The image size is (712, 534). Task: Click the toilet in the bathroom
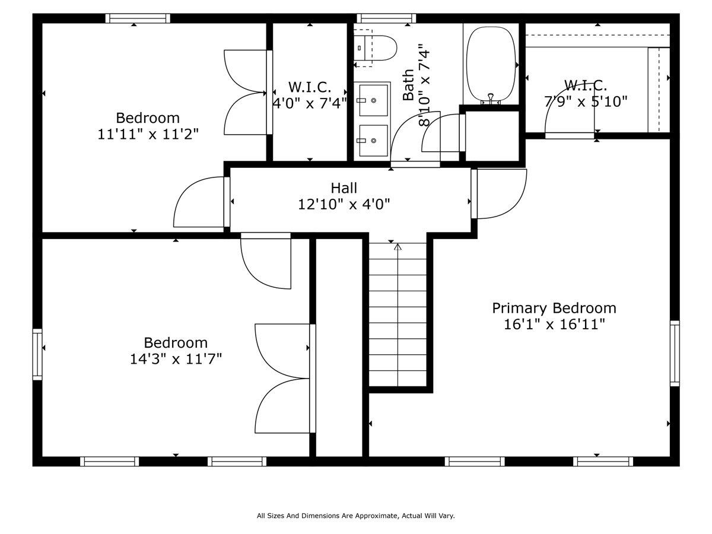(x=375, y=48)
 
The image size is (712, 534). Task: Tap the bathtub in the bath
(x=491, y=64)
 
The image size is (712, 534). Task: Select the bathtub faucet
(x=491, y=98)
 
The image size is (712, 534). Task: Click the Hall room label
(x=344, y=188)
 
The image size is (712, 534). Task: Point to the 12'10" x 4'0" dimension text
(x=344, y=205)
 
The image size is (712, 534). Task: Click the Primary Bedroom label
(x=554, y=309)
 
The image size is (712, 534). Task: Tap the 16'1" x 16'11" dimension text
(x=554, y=325)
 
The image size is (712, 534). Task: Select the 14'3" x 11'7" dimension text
(x=176, y=359)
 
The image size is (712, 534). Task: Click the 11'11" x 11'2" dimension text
(x=148, y=134)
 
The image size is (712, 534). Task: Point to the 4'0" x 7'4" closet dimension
(x=310, y=103)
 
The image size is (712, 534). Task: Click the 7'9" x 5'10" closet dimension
(x=586, y=102)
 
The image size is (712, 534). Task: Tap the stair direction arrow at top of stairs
(x=398, y=247)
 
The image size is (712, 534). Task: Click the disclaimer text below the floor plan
(x=356, y=516)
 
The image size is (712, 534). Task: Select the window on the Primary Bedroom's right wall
(x=675, y=354)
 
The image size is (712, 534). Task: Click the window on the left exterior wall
(x=37, y=354)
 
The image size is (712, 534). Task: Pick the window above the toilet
(x=386, y=18)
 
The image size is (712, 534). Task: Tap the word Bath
(x=408, y=85)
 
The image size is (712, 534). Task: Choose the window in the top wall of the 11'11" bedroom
(x=138, y=18)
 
